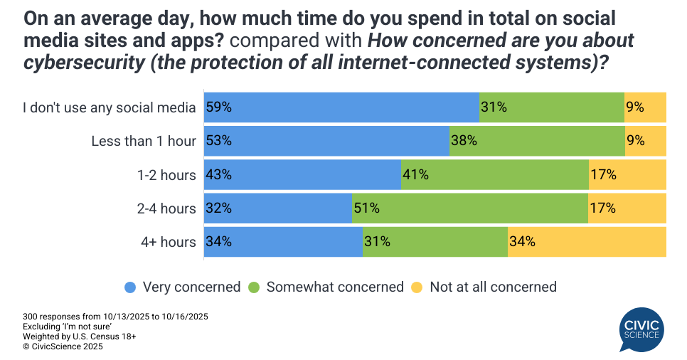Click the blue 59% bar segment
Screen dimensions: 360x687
pos(341,107)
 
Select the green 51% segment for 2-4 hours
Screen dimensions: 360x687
pos(469,208)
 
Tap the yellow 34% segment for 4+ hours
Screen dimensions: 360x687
pos(587,242)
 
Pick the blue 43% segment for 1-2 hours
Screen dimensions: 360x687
pos(302,175)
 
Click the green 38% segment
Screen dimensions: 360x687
pos(537,141)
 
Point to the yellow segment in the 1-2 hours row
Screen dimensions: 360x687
pos(627,175)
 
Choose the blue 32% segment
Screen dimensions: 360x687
pos(278,208)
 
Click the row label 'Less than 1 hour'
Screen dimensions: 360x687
pos(144,141)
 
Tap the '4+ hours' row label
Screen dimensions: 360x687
pos(168,242)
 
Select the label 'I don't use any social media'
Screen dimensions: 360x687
pos(109,107)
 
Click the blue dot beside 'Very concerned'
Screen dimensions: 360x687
pos(130,287)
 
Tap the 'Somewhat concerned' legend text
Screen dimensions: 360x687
pos(335,287)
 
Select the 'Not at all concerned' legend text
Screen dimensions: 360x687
pos(493,287)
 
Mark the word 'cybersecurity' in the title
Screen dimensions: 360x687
pos(70,62)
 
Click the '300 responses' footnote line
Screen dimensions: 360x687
pos(114,316)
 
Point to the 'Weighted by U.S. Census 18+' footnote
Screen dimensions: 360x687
pos(79,337)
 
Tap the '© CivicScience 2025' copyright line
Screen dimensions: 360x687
pos(63,346)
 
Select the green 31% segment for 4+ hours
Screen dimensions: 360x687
pos(435,242)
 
